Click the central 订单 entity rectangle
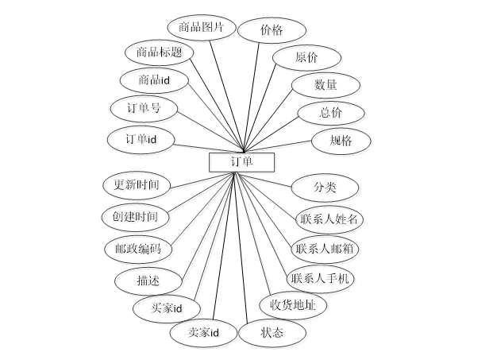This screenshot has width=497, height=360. (x=241, y=162)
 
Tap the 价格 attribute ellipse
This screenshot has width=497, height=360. (x=272, y=30)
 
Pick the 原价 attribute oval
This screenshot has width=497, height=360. (x=306, y=58)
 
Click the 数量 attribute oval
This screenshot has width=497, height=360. (x=326, y=84)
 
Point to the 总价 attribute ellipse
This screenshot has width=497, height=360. (x=331, y=113)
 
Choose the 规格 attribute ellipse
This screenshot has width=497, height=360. (x=341, y=141)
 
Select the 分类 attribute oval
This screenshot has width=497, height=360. (x=325, y=188)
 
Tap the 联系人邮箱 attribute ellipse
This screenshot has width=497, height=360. (x=326, y=248)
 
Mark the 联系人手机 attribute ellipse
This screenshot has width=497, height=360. (x=321, y=278)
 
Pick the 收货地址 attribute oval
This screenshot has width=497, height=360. (x=293, y=305)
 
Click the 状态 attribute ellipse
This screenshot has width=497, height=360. (x=272, y=333)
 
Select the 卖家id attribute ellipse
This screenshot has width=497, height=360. (x=203, y=333)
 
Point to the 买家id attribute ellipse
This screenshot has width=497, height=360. (x=167, y=308)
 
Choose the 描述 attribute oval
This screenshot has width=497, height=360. (x=148, y=281)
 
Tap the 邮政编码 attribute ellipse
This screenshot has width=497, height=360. (x=138, y=249)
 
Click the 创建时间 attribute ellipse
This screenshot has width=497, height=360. (x=136, y=216)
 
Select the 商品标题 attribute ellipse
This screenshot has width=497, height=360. (x=159, y=53)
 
